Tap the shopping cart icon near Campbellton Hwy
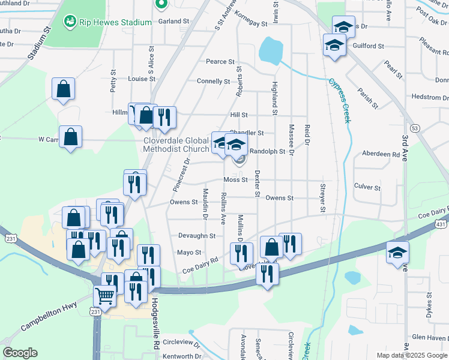pyautogui.click(x=104, y=296)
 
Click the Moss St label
pyautogui.click(x=235, y=179)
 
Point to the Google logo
pyautogui.click(x=20, y=353)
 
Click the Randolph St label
pyautogui.click(x=267, y=152)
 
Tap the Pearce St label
pyautogui.click(x=220, y=61)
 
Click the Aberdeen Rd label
pyautogui.click(x=381, y=154)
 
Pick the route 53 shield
pyautogui.click(x=414, y=128)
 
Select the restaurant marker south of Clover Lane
pyautogui.click(x=267, y=274)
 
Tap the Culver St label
pyautogui.click(x=367, y=187)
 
